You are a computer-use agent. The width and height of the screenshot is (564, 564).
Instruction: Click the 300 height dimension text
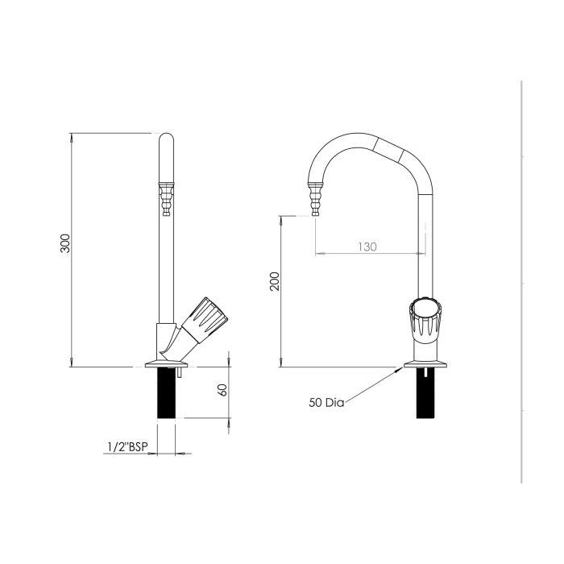click(66, 245)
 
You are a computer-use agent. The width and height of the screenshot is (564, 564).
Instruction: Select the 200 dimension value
click(274, 281)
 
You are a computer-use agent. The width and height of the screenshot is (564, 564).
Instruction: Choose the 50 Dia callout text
click(326, 402)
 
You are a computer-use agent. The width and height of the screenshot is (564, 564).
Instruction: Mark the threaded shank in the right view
click(425, 394)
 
